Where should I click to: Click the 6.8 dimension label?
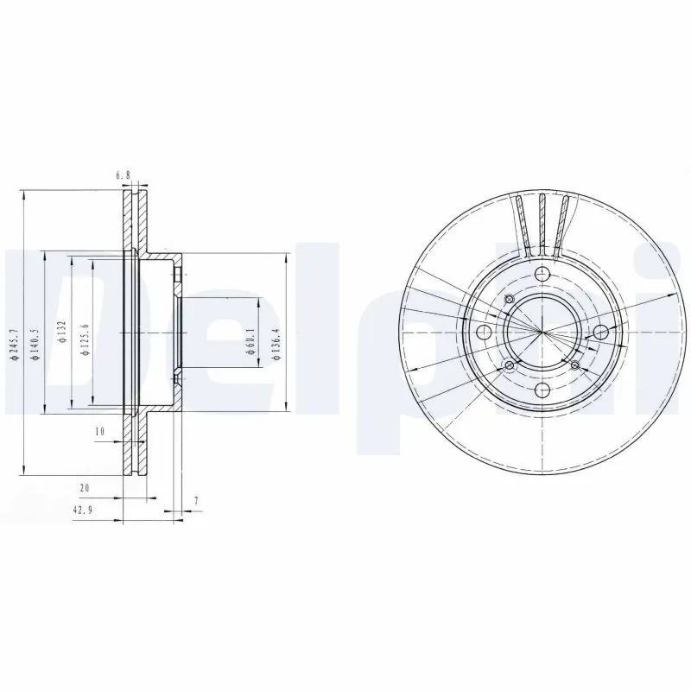coord(123,175)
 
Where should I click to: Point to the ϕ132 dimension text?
coord(61,332)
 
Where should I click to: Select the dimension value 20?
coord(85,488)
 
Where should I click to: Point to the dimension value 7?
coord(196,500)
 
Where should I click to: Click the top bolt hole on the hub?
coord(542,275)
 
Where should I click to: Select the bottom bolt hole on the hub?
coord(542,390)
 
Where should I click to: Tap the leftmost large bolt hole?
coord(484,333)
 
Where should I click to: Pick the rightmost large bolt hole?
coord(599,332)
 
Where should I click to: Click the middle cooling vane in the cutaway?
coord(542,221)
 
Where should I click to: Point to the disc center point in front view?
coord(542,333)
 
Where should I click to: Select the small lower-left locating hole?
coord(509,366)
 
